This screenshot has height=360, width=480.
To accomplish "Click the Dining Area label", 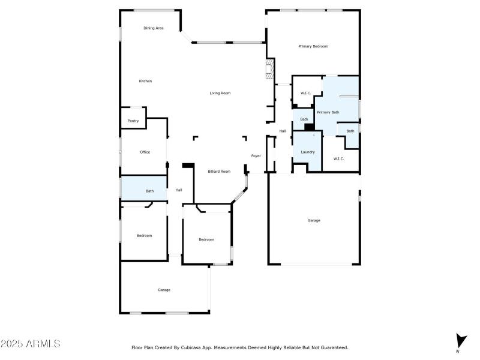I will pos(153,28).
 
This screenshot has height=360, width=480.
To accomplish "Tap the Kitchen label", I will pos(145,81).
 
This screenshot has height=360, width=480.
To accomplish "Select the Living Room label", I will pos(220,93).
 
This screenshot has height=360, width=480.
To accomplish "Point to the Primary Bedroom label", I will pos(313,46).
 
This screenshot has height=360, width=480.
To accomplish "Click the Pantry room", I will pos(133,121).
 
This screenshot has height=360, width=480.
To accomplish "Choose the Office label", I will pos(145,152).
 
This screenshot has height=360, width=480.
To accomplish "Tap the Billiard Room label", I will pos(219,172).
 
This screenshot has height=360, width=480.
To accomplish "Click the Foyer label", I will pos(256,156).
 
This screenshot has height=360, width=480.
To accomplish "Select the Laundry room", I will pos(308,152).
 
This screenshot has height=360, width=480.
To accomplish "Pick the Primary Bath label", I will pos(328,112).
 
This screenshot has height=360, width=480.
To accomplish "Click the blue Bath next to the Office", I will pos(149,191).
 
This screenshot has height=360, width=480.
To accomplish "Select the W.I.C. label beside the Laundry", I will pos(338,158).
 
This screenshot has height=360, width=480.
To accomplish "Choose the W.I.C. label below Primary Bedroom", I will pos(305,93).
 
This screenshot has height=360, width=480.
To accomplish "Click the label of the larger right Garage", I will pos(314,220).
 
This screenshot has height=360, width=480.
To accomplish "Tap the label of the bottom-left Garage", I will pos(164,290).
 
